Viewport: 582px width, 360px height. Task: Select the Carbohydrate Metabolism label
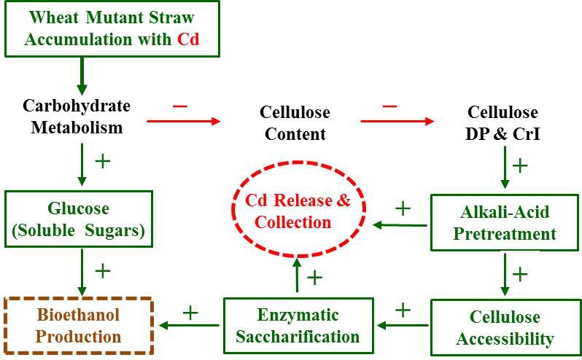click(76, 117)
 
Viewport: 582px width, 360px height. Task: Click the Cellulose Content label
click(295, 123)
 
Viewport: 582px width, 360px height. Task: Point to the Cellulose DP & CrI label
click(503, 123)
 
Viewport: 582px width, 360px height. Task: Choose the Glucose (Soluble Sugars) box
click(79, 219)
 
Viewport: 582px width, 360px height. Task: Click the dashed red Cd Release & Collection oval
click(292, 211)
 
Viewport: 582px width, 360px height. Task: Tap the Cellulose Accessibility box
click(505, 328)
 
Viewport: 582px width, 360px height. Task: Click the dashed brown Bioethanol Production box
click(79, 326)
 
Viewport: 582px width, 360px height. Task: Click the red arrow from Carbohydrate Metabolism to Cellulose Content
click(183, 121)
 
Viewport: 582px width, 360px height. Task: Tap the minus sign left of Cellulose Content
click(180, 106)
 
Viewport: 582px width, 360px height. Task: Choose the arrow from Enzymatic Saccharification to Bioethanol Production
click(189, 326)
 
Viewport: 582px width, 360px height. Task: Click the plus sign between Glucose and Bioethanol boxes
click(103, 271)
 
